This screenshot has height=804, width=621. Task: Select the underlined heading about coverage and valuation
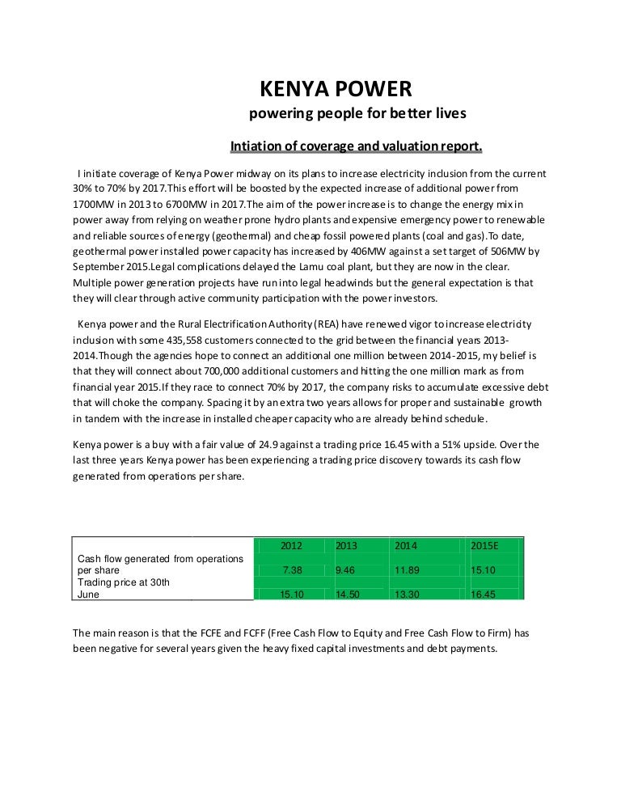coord(357,146)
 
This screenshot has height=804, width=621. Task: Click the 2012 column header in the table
coord(291,546)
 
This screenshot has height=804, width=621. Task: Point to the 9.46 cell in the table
coord(346,570)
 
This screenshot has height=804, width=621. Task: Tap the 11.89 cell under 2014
coord(407,570)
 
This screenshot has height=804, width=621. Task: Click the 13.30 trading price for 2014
coord(407,595)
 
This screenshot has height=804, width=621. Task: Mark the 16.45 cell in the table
coord(484,595)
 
